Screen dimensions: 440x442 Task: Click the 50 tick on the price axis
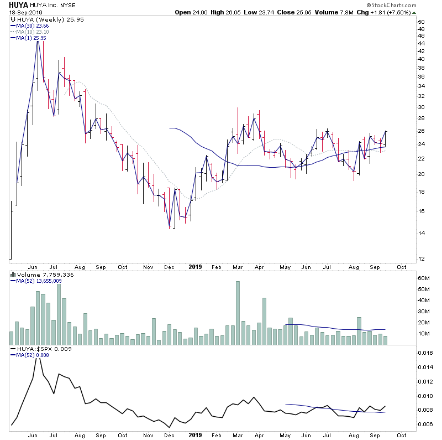pyautogui.click(x=421, y=22)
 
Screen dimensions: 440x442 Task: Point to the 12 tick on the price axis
pyautogui.click(x=421, y=258)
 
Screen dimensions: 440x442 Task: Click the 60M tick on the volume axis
pyautogui.click(x=423, y=278)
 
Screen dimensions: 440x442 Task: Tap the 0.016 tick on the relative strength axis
pyautogui.click(x=425, y=353)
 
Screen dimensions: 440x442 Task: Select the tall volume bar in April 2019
pyautogui.click(x=264, y=321)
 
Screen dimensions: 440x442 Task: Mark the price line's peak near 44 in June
pyautogui.click(x=38, y=42)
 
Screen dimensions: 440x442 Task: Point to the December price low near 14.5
pyautogui.click(x=170, y=226)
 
